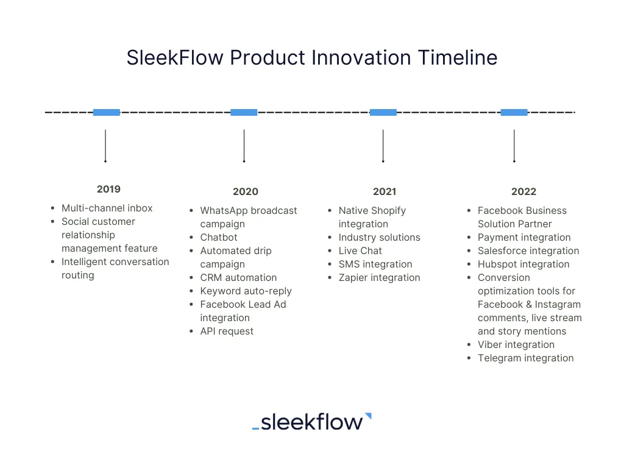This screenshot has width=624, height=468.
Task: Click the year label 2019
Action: coord(108,189)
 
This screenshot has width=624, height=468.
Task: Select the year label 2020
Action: coord(245,191)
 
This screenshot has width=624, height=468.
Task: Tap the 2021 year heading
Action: coord(384,191)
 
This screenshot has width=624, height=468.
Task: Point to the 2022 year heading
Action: coord(523,191)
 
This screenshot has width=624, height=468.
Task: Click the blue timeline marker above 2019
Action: coord(107,112)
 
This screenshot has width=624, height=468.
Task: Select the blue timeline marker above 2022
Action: coord(514,112)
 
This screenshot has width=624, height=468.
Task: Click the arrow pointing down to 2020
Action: coord(244,146)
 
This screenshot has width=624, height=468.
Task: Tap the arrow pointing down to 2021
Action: coord(383,146)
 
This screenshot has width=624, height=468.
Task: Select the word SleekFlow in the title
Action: coord(175,57)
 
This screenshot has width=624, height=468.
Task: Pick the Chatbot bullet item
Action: coord(219,238)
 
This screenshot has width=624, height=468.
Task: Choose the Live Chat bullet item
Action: coord(360,251)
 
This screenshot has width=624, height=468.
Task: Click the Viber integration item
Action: coord(516,345)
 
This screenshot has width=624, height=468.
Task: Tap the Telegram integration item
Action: coord(525,358)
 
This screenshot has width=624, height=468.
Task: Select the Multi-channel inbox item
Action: coord(107,208)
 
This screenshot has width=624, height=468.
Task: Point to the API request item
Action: coord(227,331)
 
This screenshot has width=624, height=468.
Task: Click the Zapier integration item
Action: coord(379,278)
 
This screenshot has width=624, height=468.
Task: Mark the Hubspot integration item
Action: coord(523,264)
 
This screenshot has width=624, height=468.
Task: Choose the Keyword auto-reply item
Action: coord(246,291)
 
